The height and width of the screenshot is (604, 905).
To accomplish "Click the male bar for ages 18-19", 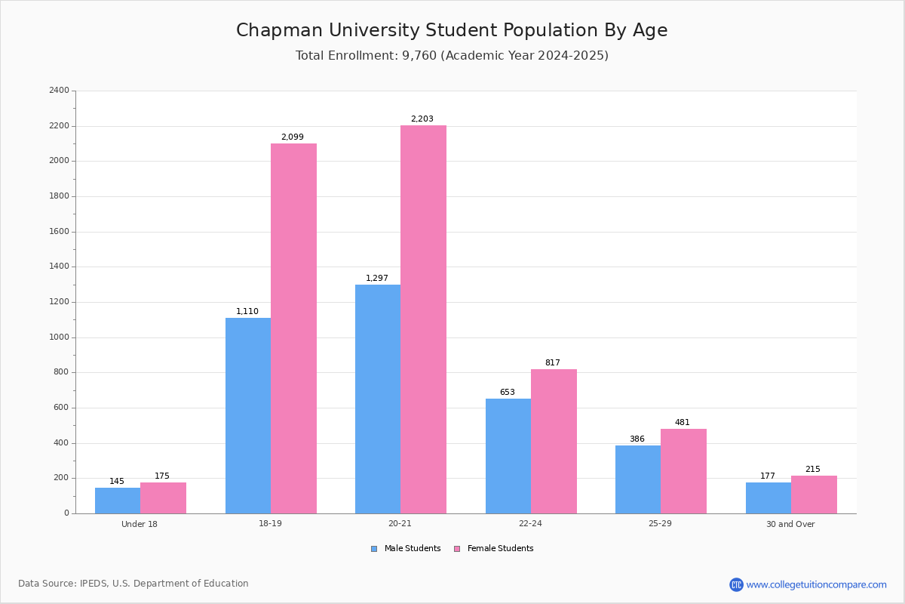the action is tap(248, 415).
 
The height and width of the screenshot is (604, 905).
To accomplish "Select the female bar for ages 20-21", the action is tap(423, 319).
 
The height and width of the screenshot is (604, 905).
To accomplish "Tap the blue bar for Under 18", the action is tap(118, 501).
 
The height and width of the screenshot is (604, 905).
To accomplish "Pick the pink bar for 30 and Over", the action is tap(814, 495).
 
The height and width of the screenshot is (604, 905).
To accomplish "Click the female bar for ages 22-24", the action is tap(554, 442).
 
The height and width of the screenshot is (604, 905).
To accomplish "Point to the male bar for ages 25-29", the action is tap(638, 479).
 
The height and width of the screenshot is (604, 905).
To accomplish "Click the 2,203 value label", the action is tap(422, 119).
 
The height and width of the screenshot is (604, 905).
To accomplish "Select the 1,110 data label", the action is tap(247, 311).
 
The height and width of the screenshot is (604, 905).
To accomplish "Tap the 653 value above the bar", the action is tap(508, 392).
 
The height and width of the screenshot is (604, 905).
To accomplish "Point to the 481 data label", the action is tap(683, 422).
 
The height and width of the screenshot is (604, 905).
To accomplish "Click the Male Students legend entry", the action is tap(406, 548).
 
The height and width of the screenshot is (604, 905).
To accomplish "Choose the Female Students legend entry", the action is tap(494, 548).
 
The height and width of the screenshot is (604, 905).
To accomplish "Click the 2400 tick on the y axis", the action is tap(60, 90).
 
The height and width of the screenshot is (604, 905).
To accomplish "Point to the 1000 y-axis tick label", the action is tap(60, 337).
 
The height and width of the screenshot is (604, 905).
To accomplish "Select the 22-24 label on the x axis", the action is tap(530, 523).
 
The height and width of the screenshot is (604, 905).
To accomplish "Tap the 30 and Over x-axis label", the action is tap(790, 524).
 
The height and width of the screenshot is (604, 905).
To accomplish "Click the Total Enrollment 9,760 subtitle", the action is tap(452, 55).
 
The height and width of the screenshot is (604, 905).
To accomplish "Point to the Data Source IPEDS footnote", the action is tap(133, 584).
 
